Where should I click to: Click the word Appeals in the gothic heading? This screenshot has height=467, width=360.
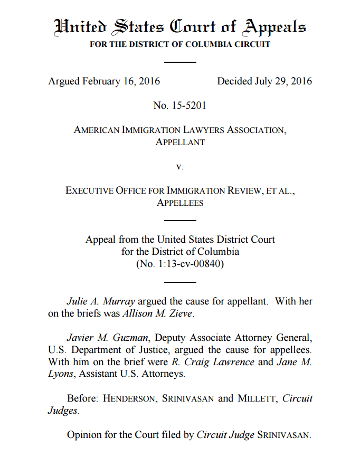(x=274, y=26)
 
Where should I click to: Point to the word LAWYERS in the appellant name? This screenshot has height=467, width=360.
(x=203, y=130)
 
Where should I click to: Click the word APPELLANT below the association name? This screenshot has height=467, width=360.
(x=180, y=142)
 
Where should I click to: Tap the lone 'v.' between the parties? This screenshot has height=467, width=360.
(x=180, y=166)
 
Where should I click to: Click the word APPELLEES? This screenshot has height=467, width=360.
(x=180, y=203)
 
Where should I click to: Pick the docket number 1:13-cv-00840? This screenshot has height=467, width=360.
(x=185, y=264)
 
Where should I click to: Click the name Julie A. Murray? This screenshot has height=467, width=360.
(x=100, y=302)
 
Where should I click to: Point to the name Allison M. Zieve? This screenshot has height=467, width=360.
(x=158, y=314)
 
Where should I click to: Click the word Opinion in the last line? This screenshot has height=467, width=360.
(x=83, y=435)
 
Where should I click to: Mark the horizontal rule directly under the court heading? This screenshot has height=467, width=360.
(x=180, y=62)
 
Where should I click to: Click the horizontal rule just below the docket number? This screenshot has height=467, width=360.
(x=180, y=282)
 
